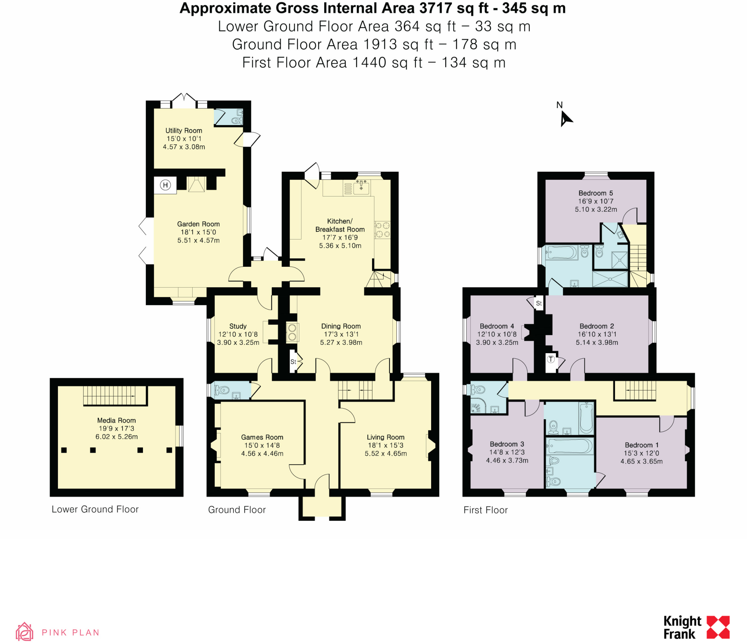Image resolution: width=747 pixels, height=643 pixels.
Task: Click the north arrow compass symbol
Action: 566,119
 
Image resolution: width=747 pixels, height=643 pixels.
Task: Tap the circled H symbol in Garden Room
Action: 165,185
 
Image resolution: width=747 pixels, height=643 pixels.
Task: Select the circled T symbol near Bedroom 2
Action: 550,359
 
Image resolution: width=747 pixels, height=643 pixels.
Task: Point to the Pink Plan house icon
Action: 24,632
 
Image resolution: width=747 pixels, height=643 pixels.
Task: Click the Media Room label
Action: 116,420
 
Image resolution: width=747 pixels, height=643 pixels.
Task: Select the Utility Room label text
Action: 183,130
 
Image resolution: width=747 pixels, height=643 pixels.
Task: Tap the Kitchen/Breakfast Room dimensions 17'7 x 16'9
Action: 340,237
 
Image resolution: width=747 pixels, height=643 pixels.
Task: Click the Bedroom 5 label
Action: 596,193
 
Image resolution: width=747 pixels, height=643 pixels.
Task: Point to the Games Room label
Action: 262,437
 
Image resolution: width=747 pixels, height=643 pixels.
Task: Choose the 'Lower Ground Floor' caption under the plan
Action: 95,509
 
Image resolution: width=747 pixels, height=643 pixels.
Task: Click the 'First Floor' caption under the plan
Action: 485,510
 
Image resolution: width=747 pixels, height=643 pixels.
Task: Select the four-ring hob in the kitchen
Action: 382,230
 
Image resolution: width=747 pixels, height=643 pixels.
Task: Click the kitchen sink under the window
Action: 361,187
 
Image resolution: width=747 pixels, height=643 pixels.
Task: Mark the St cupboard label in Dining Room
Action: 293,362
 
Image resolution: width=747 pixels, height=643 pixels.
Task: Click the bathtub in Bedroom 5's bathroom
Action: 561,252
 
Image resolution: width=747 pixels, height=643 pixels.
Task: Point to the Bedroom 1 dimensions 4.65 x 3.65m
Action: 641,461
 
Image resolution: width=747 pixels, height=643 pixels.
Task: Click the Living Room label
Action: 386,437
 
